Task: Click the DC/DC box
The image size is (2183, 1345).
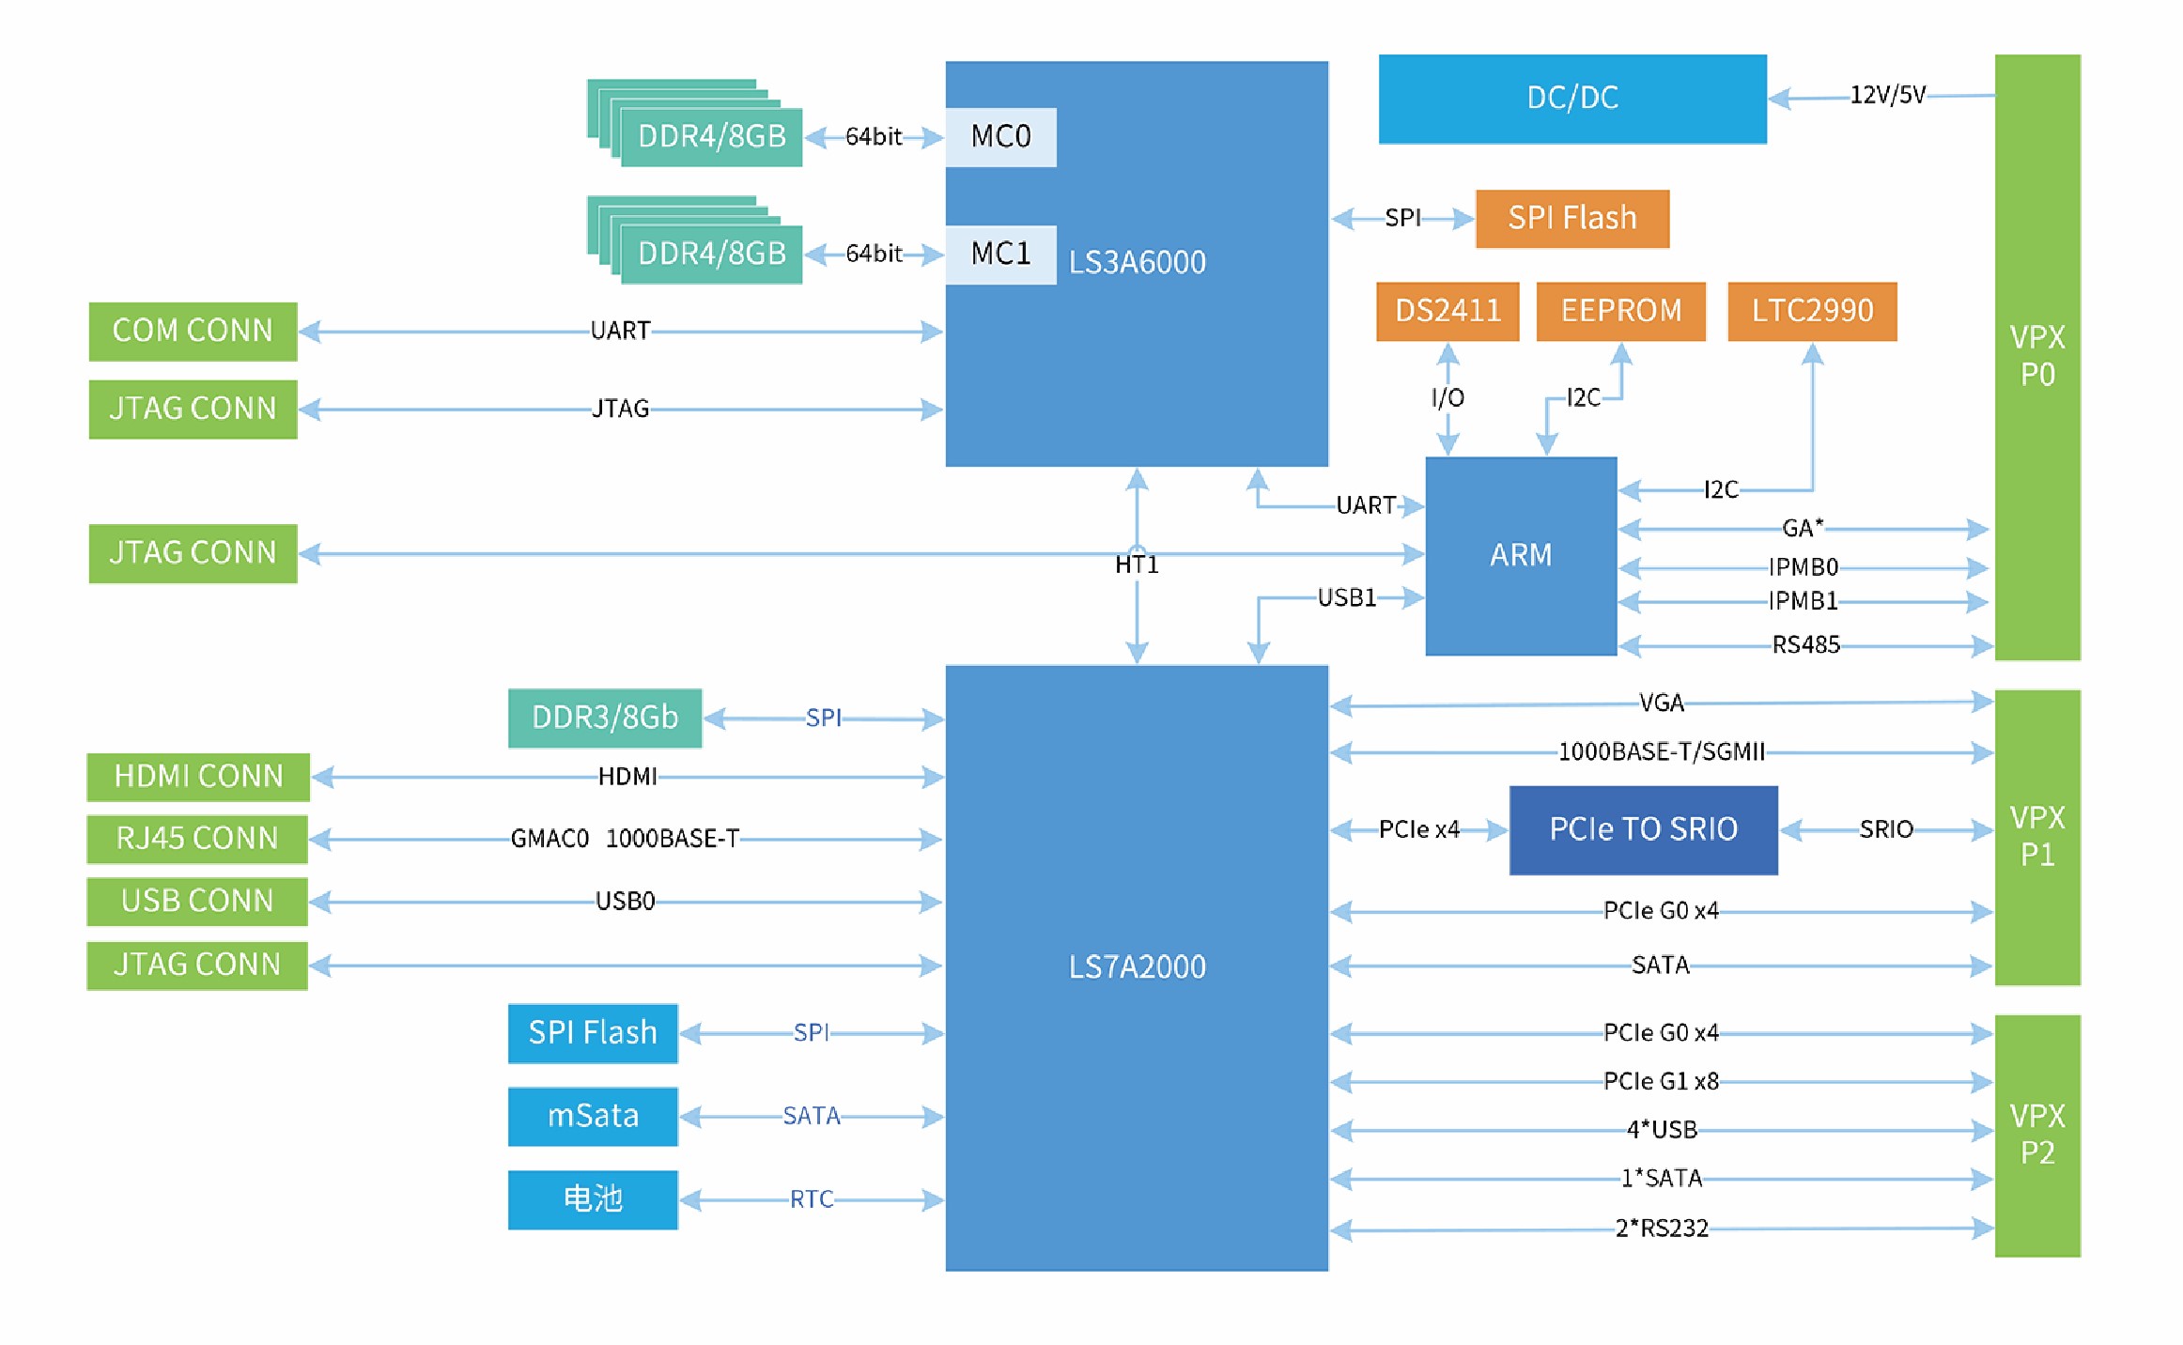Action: click(1571, 99)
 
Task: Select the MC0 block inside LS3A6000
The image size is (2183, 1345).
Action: click(1000, 137)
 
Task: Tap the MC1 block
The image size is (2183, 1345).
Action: click(1000, 254)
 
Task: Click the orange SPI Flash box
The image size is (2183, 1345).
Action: click(1571, 218)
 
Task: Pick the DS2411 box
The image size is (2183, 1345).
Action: click(1447, 311)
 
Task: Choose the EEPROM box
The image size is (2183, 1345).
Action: click(1620, 311)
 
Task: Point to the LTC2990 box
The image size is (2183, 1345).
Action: click(1811, 311)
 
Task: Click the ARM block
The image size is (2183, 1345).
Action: click(1520, 555)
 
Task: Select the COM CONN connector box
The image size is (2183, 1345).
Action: click(193, 331)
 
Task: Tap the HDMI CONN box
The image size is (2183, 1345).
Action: click(197, 777)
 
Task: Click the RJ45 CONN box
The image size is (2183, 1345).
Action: click(197, 838)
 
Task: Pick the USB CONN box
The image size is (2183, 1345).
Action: click(197, 901)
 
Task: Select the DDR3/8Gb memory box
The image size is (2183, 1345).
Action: click(604, 718)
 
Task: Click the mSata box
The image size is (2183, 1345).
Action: click(592, 1116)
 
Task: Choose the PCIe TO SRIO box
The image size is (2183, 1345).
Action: click(1643, 829)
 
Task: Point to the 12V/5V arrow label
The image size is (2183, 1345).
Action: click(1887, 95)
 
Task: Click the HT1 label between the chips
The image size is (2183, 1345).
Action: click(1137, 564)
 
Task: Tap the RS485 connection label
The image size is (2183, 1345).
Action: click(1805, 644)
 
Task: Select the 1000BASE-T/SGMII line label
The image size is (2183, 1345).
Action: click(1661, 751)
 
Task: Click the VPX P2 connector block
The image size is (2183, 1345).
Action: click(2036, 1135)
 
